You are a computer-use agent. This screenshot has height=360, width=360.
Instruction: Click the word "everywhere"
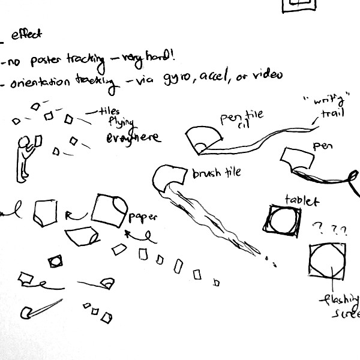(x=133, y=137)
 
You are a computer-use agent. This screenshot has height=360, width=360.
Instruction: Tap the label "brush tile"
(x=216, y=173)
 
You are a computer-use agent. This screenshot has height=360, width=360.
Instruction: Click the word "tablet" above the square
(x=302, y=200)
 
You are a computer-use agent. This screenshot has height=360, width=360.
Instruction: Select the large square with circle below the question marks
(x=328, y=260)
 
